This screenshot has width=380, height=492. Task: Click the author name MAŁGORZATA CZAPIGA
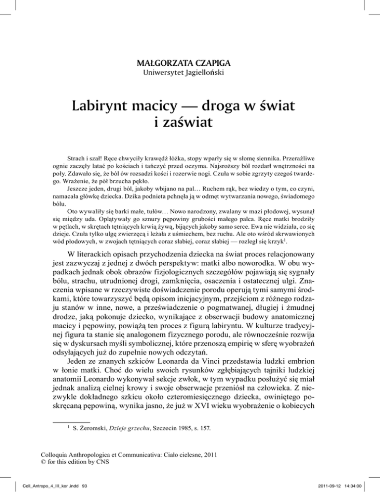[190, 63]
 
